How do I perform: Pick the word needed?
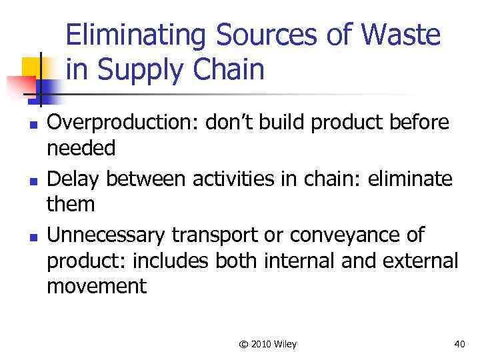pyautogui.click(x=81, y=148)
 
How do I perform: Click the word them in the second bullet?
pyautogui.click(x=71, y=203)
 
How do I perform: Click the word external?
pyautogui.click(x=419, y=259)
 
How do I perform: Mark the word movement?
pyautogui.click(x=96, y=285)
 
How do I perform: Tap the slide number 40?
pyautogui.click(x=459, y=344)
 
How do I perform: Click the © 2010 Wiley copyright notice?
pyautogui.click(x=267, y=344)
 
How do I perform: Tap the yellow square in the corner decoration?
pyautogui.click(x=31, y=67)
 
